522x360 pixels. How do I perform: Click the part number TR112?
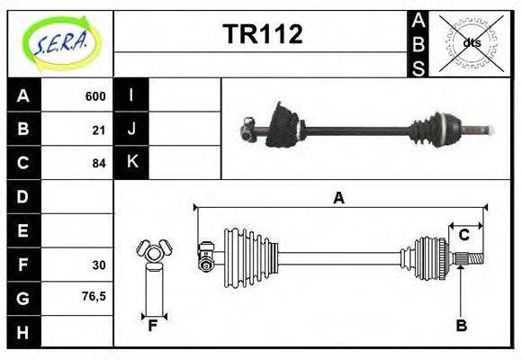262,34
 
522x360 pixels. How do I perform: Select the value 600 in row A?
94,96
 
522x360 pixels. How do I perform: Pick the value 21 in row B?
98,130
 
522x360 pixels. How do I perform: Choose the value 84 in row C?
98,163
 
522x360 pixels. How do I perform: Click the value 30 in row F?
98,265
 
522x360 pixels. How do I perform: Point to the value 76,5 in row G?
94,296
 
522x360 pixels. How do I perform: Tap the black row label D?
23,196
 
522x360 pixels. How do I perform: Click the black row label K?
132,162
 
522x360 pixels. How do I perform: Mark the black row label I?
132,95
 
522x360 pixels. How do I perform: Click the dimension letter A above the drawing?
338,198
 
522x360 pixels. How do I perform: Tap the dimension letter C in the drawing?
464,236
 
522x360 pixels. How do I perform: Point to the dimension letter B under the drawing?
461,326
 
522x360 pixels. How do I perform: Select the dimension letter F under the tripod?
153,326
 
